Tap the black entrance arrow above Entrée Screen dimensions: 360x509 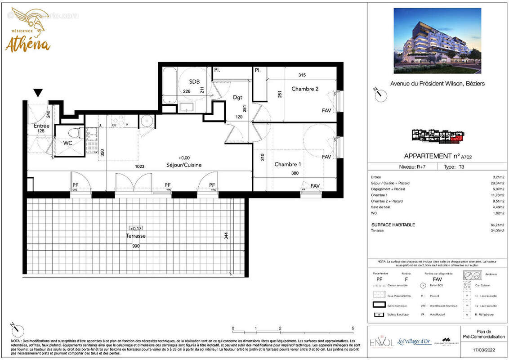tap(38, 93)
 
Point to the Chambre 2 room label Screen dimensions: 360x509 tap(304, 89)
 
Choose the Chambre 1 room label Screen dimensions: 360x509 tap(288, 164)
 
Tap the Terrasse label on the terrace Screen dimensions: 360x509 tap(135, 236)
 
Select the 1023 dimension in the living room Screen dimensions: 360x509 tap(139, 166)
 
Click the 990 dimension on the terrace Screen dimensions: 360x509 tap(136, 246)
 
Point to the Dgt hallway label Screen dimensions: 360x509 tap(237, 97)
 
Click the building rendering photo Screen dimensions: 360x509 tap(437, 40)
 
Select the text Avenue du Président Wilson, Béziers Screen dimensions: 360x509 tap(437, 84)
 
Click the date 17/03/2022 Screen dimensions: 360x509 tap(484, 349)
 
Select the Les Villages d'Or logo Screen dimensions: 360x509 tap(414, 342)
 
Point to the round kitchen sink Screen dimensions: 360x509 tap(146, 121)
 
